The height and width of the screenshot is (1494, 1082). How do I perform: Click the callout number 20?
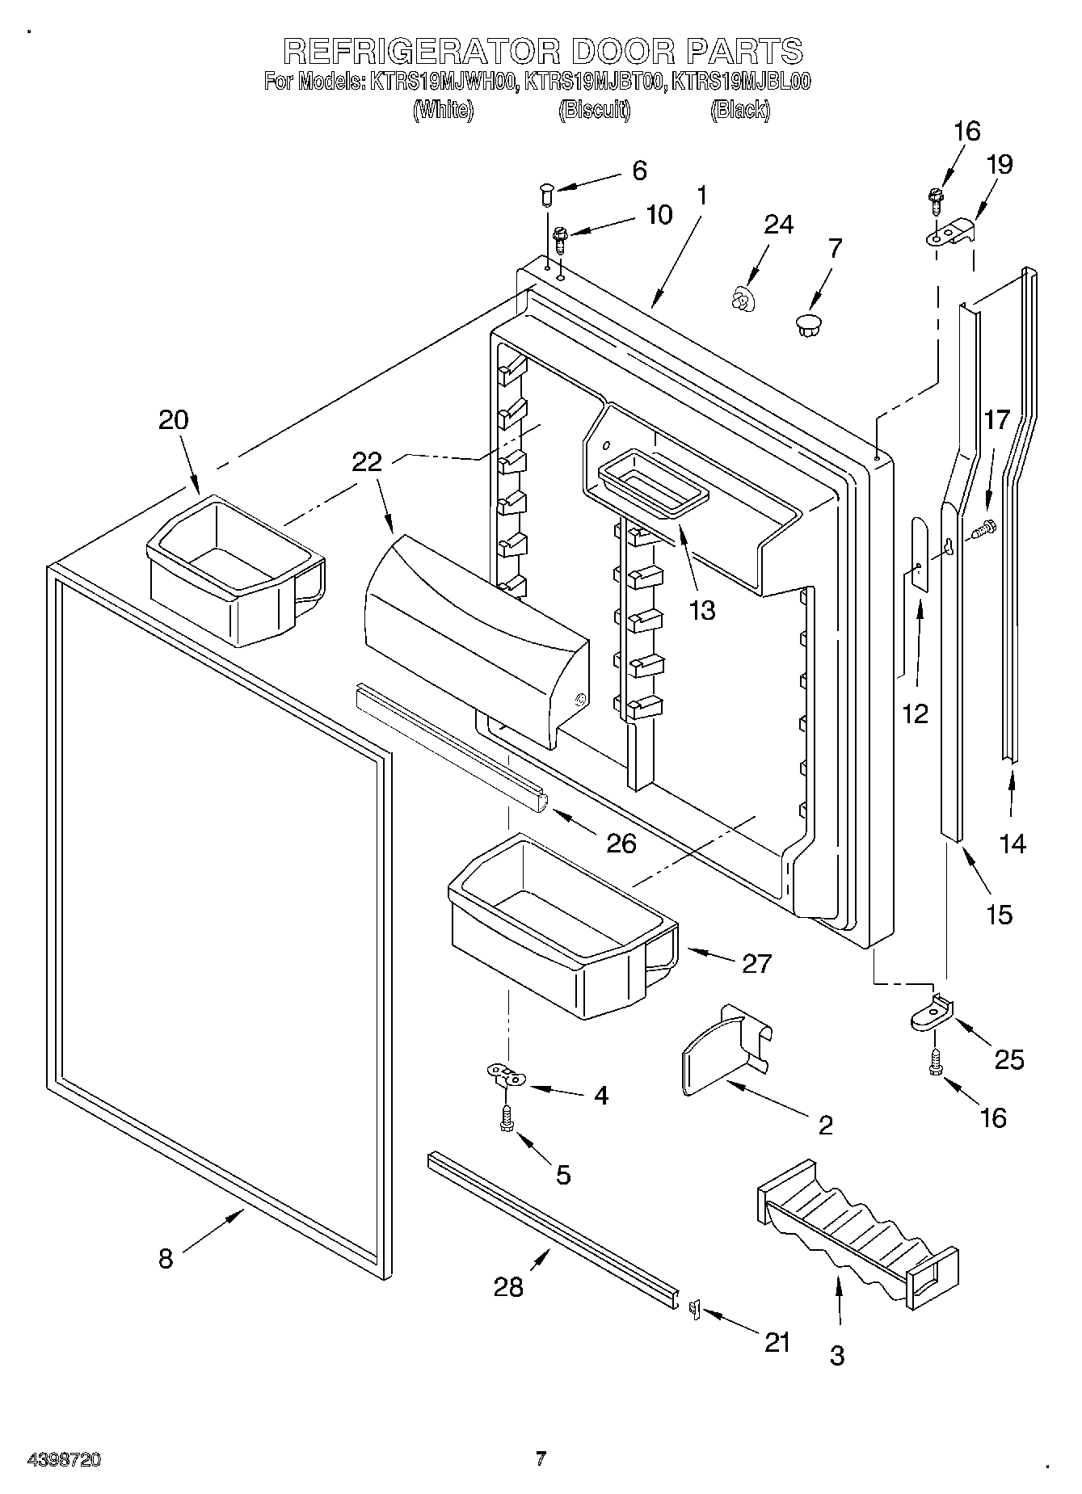click(x=173, y=419)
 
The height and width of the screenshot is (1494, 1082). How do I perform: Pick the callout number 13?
click(x=702, y=609)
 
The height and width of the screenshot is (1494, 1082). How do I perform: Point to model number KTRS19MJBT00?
click(x=595, y=82)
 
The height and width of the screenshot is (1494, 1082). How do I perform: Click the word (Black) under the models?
click(x=739, y=109)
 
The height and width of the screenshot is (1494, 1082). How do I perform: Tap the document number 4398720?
click(x=64, y=1459)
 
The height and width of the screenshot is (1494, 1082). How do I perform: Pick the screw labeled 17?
click(x=983, y=529)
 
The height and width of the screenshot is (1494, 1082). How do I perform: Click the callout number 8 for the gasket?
click(x=165, y=1258)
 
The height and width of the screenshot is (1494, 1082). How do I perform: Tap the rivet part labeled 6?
click(x=545, y=194)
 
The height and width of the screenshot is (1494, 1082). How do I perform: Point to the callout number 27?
click(x=756, y=963)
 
